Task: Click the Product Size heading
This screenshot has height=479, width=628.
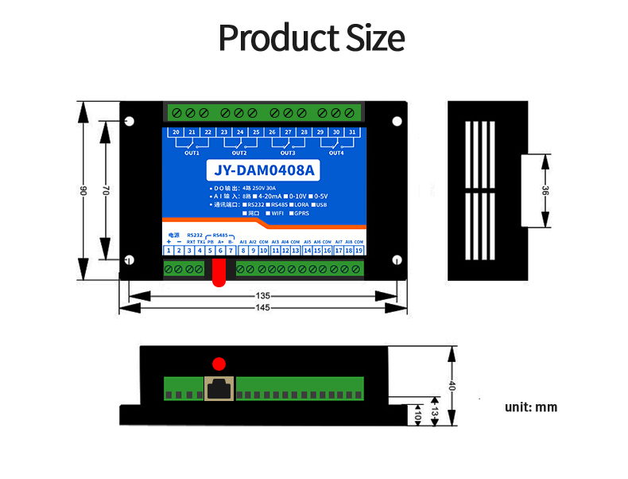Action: coord(312,37)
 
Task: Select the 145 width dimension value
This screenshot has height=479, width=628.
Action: coord(263,308)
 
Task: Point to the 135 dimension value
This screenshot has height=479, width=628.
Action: coord(263,296)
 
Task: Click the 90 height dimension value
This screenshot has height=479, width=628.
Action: coord(82,190)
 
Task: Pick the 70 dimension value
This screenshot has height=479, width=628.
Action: coord(104,190)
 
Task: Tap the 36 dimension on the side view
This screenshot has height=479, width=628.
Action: coord(545,191)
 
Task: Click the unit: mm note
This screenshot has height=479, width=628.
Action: coord(531,407)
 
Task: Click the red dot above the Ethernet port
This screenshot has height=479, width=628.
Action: coord(218,364)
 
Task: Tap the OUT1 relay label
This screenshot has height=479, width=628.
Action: coord(192,153)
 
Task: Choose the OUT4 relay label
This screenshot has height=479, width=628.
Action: coord(336,153)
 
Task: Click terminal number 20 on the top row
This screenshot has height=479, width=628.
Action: coord(175,132)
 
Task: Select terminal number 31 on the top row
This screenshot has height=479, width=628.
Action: coord(352,132)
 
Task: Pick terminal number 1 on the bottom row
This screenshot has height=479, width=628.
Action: coord(169,251)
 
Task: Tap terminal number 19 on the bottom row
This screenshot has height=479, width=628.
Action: coord(359,251)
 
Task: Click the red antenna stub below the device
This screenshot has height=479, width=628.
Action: coord(218,274)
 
